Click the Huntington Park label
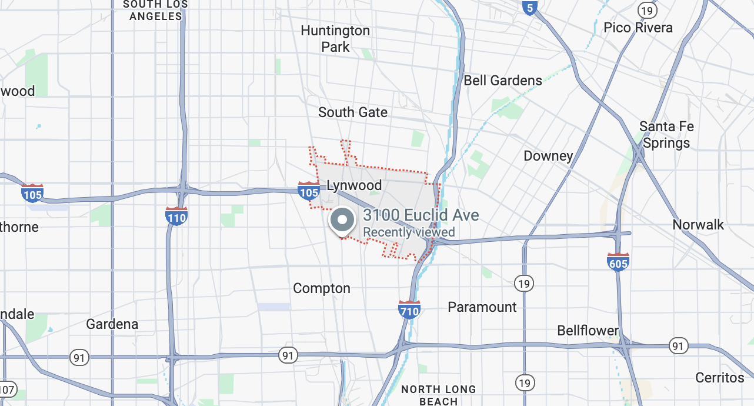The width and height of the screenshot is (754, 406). [335, 38]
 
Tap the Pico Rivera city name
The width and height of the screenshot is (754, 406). [638, 28]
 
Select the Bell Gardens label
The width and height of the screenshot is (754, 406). [503, 81]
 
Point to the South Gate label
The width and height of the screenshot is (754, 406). [353, 112]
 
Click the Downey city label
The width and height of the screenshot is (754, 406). [548, 156]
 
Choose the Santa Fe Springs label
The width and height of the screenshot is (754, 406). [666, 135]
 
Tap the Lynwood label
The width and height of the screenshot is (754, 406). [354, 185]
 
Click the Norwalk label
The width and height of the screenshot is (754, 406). [698, 225]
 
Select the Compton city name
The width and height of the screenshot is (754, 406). [322, 288]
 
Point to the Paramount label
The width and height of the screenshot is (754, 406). [482, 307]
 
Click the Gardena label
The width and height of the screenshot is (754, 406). [112, 324]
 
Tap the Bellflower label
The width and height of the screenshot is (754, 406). [588, 331]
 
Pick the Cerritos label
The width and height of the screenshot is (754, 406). [720, 377]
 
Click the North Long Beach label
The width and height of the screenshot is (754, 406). [438, 395]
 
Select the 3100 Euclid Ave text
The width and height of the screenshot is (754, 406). [421, 215]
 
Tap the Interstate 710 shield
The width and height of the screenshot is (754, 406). [409, 310]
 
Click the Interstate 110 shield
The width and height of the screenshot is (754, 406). [176, 216]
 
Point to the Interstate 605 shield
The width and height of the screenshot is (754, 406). [618, 262]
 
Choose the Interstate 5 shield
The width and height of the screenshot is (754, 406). [530, 8]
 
